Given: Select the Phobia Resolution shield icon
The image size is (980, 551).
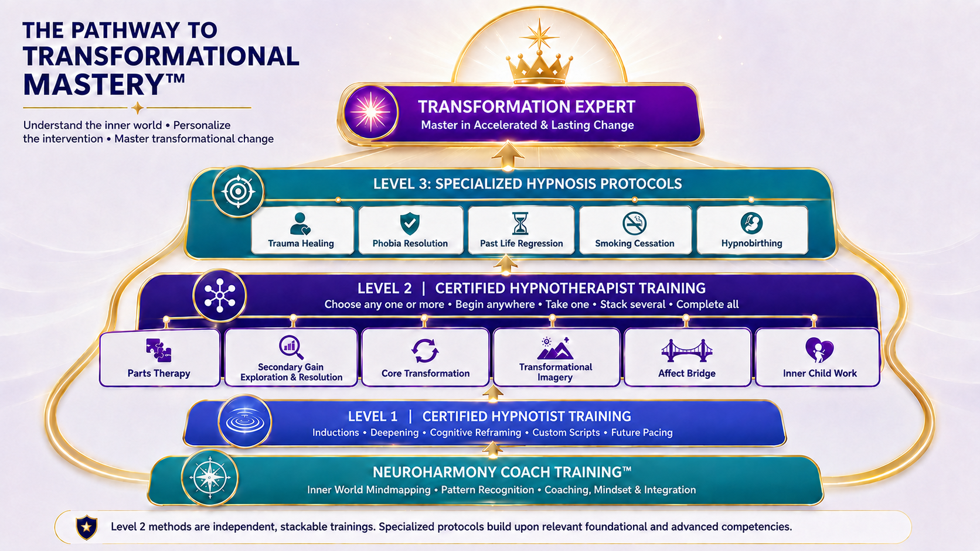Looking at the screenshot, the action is click(x=410, y=224).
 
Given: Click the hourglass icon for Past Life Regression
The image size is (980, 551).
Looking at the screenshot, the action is click(x=520, y=224).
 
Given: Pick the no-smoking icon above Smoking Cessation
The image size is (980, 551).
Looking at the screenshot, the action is click(x=634, y=223).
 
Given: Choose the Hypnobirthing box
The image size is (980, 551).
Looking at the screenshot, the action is click(x=752, y=230).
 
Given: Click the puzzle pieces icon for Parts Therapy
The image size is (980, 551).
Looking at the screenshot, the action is click(x=158, y=350).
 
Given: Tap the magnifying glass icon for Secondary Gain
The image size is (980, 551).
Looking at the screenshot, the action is click(x=291, y=347).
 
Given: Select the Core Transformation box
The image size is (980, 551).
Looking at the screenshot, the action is click(x=426, y=357).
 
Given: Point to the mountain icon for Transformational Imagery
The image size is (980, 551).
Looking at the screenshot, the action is click(x=554, y=348).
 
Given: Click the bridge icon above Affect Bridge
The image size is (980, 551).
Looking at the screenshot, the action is click(x=686, y=350).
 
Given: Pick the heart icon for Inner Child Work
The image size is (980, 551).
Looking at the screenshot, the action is click(x=819, y=350).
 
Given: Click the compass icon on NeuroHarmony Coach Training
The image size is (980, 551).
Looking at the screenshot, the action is click(x=210, y=478).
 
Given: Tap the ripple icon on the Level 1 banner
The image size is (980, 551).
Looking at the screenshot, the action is click(x=244, y=421).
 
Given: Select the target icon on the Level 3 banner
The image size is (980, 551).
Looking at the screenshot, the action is click(x=238, y=191).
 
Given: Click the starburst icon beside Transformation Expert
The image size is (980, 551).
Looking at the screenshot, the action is click(x=370, y=112).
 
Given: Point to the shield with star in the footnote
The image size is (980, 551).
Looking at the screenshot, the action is click(x=87, y=527).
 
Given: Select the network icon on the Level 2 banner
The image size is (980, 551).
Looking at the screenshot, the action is click(x=220, y=296).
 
